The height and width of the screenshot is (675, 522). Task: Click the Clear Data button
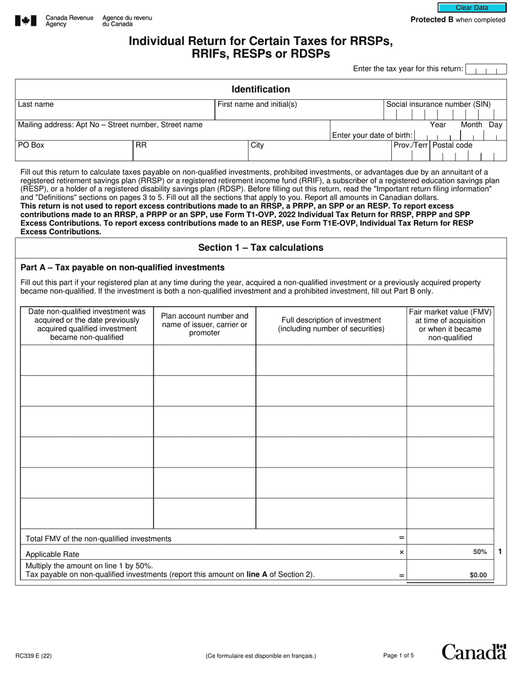471,8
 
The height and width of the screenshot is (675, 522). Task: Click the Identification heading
260,89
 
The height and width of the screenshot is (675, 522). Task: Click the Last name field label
36,104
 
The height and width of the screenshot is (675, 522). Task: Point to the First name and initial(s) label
257,104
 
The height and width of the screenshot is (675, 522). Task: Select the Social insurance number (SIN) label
438,104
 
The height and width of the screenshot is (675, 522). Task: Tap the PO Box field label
31,145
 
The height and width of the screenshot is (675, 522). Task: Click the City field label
257,145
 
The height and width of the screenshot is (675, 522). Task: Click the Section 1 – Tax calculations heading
260,248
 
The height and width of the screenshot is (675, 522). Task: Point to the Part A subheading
122,267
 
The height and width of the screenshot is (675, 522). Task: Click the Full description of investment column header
331,324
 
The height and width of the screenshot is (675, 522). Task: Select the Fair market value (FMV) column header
450,324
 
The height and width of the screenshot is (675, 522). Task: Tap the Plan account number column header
204,324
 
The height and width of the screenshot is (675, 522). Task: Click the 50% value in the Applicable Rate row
480,552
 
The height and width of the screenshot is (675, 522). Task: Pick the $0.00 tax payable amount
478,576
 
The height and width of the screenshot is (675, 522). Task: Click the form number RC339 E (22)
34,655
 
